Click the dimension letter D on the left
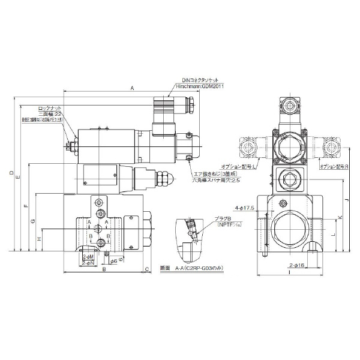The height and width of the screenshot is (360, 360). (13, 173)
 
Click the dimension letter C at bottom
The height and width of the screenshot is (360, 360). (147, 269)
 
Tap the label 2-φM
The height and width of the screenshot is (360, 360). (86, 256)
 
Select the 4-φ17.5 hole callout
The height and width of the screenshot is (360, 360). (245, 207)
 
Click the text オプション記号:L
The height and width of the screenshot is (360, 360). (239, 166)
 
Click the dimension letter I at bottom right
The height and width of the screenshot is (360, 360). (289, 273)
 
